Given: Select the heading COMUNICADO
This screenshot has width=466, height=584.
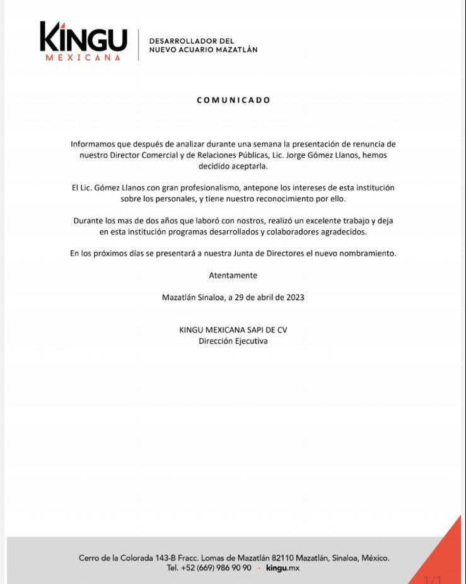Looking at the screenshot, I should [x=233, y=100].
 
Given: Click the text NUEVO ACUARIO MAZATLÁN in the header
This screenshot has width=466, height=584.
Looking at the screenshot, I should [x=203, y=50].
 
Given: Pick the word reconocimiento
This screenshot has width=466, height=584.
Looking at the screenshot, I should [x=290, y=199].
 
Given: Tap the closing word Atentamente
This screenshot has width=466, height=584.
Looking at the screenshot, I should [x=233, y=276].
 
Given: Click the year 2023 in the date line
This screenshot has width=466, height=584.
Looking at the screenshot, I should [x=294, y=298].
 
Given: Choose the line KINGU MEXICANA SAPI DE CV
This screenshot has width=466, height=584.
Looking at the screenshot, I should [x=233, y=330].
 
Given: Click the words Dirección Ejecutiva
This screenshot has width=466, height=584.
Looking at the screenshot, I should [x=233, y=341].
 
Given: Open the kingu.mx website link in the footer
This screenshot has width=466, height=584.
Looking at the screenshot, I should [x=283, y=568].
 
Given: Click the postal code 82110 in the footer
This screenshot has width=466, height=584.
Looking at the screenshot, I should [x=283, y=558].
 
